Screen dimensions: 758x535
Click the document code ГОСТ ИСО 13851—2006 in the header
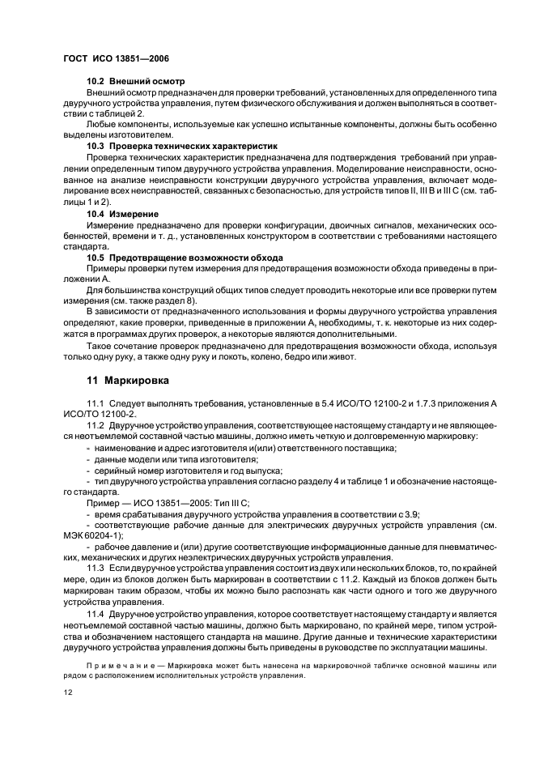(114, 59)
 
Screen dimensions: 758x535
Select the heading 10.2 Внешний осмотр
(136, 82)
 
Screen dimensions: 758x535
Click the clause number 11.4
(96, 615)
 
